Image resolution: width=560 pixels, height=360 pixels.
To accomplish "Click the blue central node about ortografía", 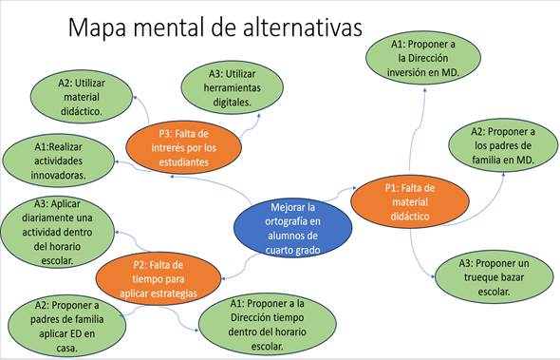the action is (x=293, y=228).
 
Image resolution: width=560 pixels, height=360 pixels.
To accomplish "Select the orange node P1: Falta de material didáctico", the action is (x=410, y=201).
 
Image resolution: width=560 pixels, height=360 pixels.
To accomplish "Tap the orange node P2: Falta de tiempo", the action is (x=159, y=279).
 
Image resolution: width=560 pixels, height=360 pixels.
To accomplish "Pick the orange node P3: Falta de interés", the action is (x=183, y=147).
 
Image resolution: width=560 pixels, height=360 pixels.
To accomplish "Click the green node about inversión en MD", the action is (x=423, y=58).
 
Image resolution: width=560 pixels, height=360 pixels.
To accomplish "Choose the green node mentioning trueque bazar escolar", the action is (x=494, y=277).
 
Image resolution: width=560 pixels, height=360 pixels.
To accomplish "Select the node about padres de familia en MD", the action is (x=503, y=145).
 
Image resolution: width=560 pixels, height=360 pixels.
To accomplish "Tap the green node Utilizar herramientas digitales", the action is (x=233, y=87).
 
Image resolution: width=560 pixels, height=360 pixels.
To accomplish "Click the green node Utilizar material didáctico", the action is (x=82, y=97).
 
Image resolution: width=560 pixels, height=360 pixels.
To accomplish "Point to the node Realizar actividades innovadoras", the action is (x=58, y=161).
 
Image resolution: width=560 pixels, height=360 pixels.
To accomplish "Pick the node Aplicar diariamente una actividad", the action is (x=58, y=233).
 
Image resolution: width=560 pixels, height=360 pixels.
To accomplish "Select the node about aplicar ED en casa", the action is (x=66, y=326).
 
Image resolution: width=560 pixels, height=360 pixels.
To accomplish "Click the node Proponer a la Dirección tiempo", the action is (x=267, y=325).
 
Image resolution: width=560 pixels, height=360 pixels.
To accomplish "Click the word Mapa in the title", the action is (x=97, y=28).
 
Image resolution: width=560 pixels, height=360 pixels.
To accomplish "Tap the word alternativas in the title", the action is (x=303, y=28).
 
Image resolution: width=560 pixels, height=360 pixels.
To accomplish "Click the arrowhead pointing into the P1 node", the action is (x=355, y=188).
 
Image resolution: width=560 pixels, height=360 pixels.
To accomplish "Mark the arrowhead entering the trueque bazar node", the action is (x=433, y=276).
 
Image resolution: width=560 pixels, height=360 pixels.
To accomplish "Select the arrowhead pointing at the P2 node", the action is (x=224, y=278).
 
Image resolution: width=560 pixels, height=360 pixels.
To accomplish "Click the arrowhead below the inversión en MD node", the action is (x=424, y=89).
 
